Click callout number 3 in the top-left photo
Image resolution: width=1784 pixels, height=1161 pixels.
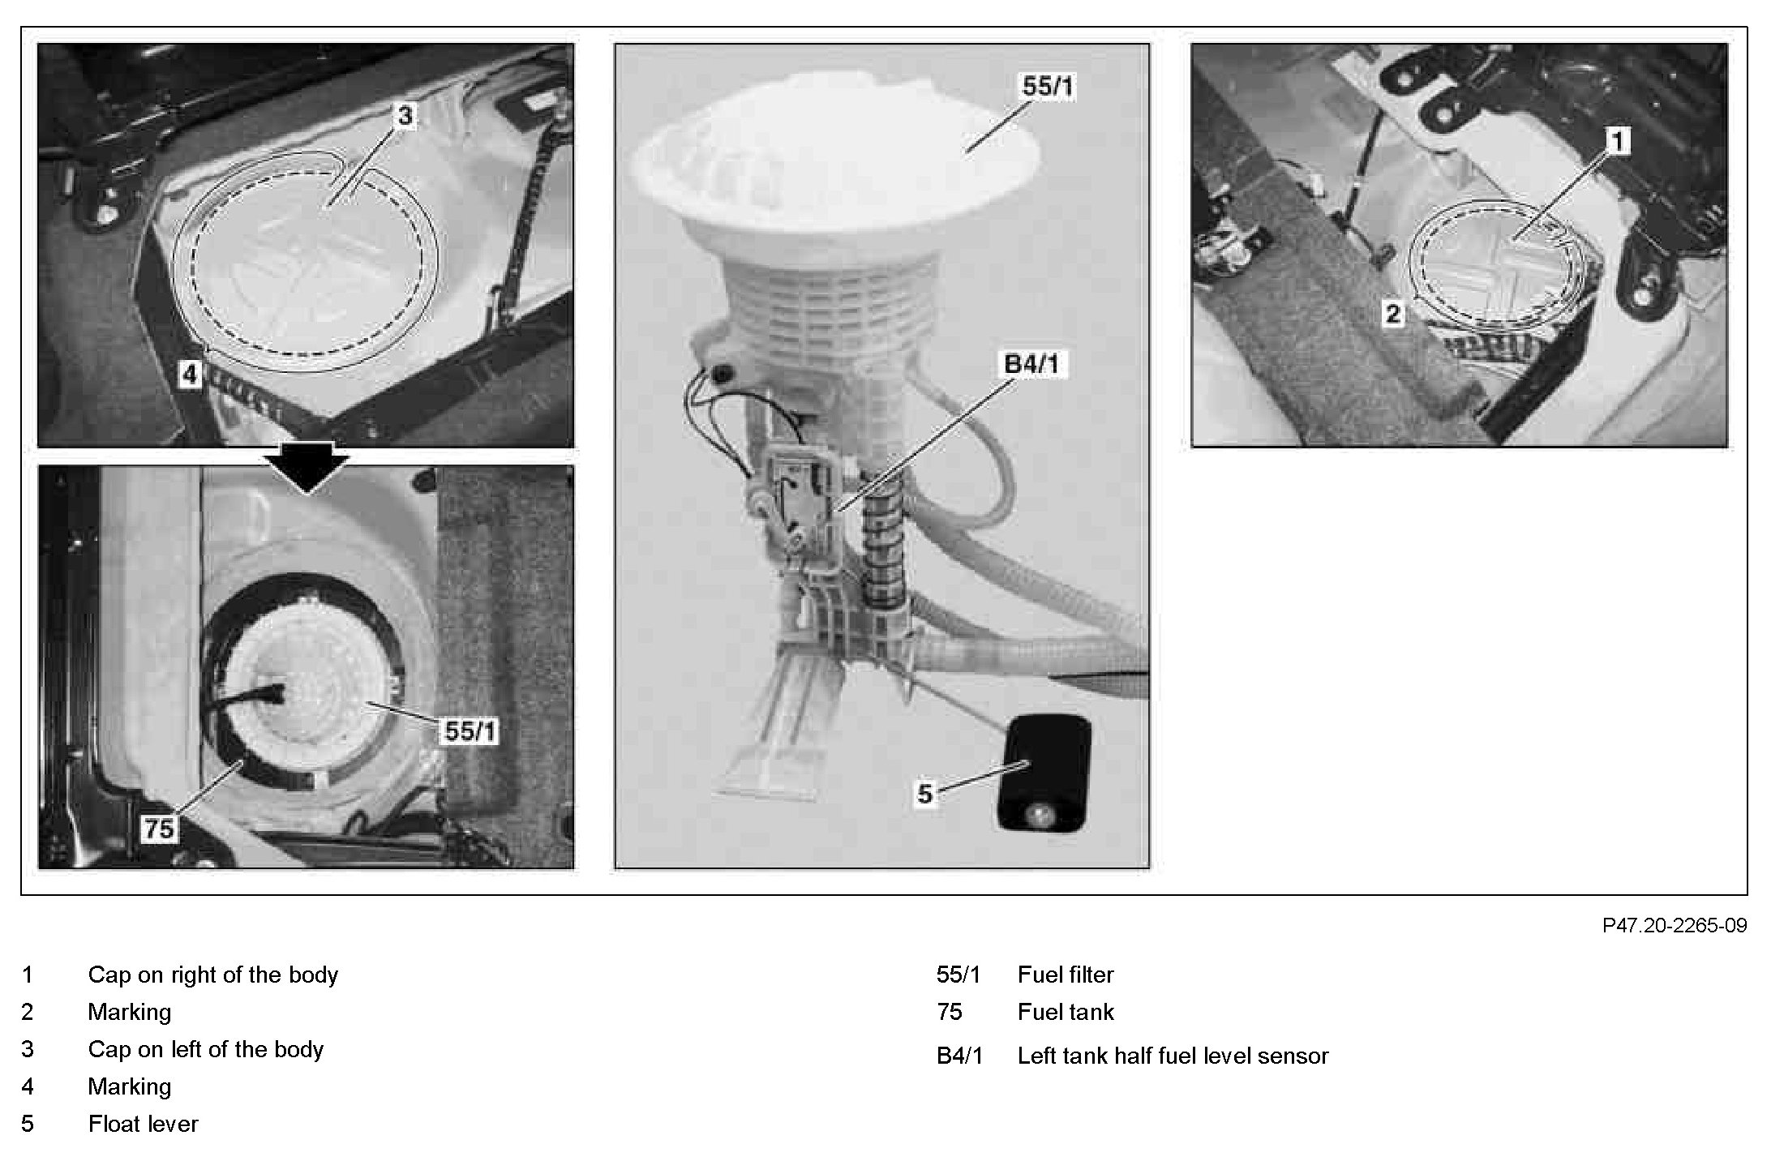coord(405,116)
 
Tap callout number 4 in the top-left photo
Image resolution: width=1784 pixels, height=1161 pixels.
coord(189,375)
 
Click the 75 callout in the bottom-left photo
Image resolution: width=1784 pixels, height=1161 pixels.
coord(159,828)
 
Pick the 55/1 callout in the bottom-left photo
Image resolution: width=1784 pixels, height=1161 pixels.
coord(470,731)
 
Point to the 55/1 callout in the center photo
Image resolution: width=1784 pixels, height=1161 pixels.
coord(1048,86)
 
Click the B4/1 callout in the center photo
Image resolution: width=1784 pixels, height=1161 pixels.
coord(1031,364)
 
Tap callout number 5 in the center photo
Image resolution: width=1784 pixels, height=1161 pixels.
coord(925,793)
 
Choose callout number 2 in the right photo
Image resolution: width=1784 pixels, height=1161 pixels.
coord(1392,313)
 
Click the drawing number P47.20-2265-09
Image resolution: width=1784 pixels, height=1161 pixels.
coord(1675,925)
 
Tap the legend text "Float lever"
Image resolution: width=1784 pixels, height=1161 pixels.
coord(143,1124)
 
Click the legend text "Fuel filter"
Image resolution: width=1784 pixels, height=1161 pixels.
coord(1066,975)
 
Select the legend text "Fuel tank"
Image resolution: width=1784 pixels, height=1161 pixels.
coord(1066,1012)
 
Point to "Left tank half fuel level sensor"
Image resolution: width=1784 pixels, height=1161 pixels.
coord(1173,1056)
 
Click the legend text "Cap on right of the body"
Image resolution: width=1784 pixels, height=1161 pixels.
coord(212,975)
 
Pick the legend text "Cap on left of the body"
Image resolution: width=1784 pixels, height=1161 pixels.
coord(205,1049)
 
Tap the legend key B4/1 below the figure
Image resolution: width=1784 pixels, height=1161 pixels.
coord(959,1056)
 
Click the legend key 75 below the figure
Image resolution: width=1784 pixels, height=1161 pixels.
coord(949,1012)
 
